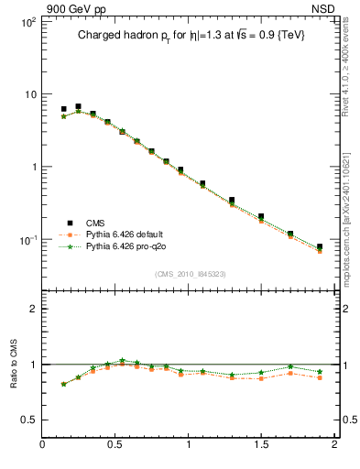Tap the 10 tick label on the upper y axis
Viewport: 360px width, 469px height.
28,94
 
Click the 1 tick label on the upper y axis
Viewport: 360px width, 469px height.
32,167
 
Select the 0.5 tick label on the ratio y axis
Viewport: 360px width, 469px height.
28,420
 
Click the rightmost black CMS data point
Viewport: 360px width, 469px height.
320,247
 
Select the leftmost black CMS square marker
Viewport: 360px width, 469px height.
63,109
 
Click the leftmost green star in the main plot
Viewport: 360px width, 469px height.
63,116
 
